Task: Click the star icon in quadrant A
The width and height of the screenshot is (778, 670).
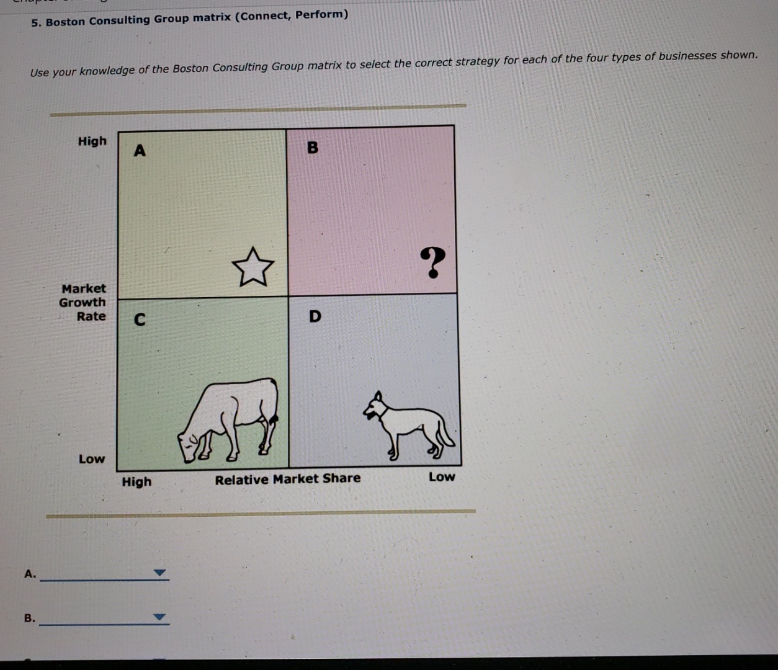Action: (253, 267)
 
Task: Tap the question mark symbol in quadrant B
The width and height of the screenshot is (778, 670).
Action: (432, 262)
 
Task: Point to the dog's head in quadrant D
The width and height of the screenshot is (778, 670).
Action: (374, 406)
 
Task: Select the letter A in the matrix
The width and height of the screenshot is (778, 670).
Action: (140, 151)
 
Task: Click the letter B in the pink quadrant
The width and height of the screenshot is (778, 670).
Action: (313, 148)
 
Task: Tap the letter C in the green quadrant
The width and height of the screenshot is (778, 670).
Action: (140, 320)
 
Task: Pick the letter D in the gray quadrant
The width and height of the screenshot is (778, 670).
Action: (315, 317)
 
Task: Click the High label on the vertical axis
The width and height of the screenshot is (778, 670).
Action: (92, 141)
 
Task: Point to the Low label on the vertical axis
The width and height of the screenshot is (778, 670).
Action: (92, 459)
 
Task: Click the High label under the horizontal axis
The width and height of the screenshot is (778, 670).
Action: (136, 482)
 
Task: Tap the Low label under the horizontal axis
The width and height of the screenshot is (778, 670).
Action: (442, 477)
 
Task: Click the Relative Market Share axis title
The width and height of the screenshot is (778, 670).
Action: (287, 479)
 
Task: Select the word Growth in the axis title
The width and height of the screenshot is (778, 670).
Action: (83, 303)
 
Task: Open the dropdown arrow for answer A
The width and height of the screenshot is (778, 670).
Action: (160, 573)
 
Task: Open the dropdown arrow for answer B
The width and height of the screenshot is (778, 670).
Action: (160, 617)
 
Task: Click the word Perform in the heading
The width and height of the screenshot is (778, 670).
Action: (321, 14)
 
